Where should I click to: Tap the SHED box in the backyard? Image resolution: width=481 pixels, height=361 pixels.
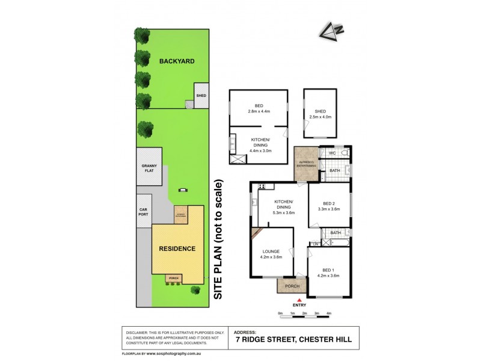(x=201, y=95)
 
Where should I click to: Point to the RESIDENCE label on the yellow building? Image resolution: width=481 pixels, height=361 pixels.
(x=177, y=248)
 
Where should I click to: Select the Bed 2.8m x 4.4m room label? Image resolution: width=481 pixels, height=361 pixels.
(x=259, y=108)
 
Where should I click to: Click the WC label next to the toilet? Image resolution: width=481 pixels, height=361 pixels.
(x=331, y=154)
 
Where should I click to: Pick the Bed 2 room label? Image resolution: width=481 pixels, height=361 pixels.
(x=330, y=206)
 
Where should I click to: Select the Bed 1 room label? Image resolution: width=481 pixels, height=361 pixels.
(x=328, y=273)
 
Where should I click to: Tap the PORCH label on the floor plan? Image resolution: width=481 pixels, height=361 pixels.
(x=292, y=286)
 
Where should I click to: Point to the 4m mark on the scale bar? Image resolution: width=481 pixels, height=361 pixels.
(x=328, y=313)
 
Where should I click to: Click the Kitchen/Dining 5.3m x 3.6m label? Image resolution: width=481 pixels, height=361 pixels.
(x=284, y=207)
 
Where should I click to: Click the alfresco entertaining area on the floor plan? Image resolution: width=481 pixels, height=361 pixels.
(x=305, y=163)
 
